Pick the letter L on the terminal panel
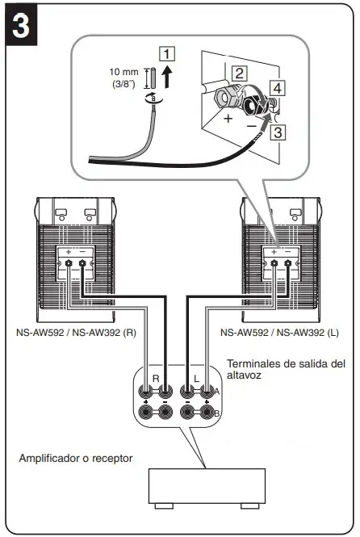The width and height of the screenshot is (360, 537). coord(198,378)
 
